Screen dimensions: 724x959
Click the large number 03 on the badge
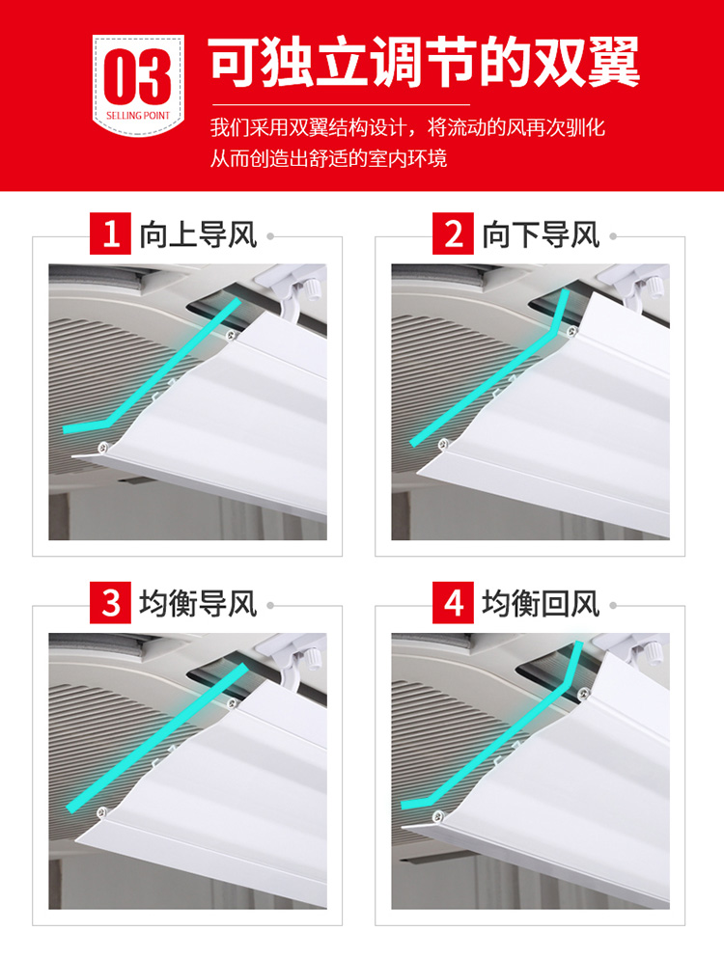coord(138,76)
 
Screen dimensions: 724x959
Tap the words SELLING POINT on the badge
coord(138,115)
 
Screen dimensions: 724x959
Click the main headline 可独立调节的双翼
coord(424,63)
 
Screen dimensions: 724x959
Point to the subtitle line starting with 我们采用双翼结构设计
coord(407,127)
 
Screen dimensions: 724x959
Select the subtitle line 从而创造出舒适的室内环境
coord(328,158)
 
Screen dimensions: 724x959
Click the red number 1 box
coord(110,233)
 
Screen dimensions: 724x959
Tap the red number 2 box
coord(453,233)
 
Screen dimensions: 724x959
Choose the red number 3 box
coord(110,602)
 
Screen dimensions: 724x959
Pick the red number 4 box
coord(453,602)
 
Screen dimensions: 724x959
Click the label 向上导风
coord(198,234)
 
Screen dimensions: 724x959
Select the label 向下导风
coord(541,234)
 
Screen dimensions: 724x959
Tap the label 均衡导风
coord(198,604)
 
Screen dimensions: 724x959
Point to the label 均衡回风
coord(541,604)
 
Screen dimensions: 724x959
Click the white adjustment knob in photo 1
coord(310,288)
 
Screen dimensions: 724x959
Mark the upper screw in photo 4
coord(581,693)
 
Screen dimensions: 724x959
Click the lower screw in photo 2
coord(444,444)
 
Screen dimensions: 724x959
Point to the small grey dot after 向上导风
coord(270,236)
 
